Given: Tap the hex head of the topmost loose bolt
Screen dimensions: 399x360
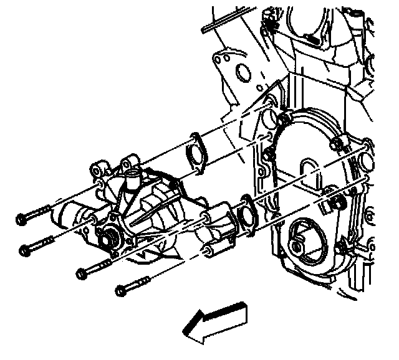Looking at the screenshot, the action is (x=20, y=219).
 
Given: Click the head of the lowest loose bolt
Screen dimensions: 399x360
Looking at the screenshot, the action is (x=120, y=290).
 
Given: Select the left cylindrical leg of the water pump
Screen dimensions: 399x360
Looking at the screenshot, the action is (x=69, y=214).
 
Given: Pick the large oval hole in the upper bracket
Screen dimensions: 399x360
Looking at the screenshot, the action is (x=240, y=75).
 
